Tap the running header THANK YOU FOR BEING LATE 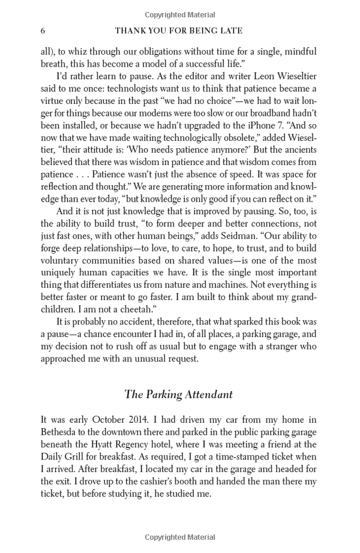[x=179, y=30]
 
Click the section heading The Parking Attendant [x=178, y=394]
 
